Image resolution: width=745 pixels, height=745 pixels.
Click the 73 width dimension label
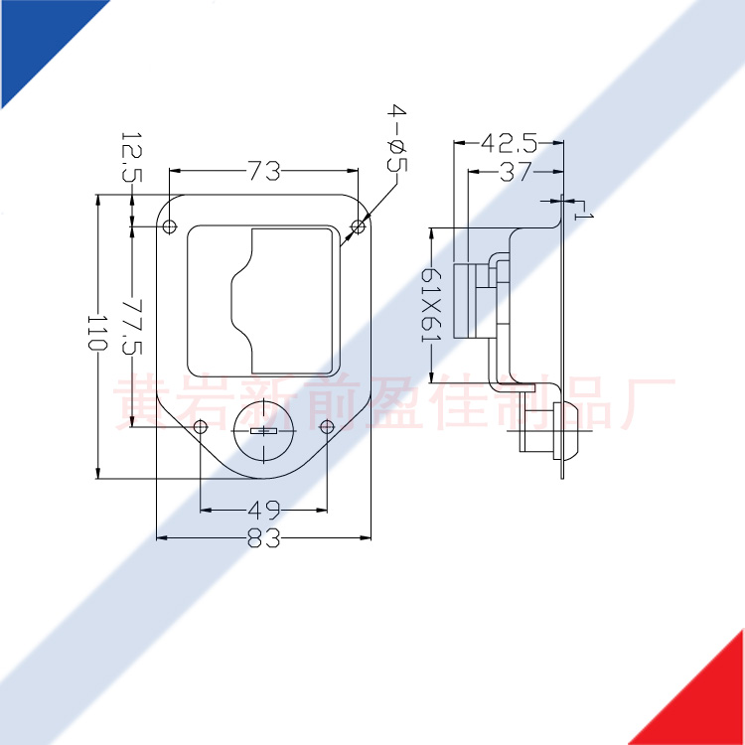[x=263, y=171]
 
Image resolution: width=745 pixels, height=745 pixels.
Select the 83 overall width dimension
[x=263, y=537]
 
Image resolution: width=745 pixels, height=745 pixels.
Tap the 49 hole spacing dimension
[x=263, y=511]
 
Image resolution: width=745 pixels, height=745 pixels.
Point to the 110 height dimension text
[x=98, y=332]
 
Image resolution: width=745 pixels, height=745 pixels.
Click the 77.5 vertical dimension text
[x=132, y=327]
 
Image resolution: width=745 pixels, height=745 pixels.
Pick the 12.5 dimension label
[x=132, y=157]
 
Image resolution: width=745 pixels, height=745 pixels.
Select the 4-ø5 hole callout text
[x=396, y=138]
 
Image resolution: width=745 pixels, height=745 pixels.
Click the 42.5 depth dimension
[x=509, y=142]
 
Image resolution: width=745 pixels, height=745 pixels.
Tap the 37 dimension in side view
[x=516, y=172]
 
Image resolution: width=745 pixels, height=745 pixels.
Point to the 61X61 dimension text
[x=432, y=305]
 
